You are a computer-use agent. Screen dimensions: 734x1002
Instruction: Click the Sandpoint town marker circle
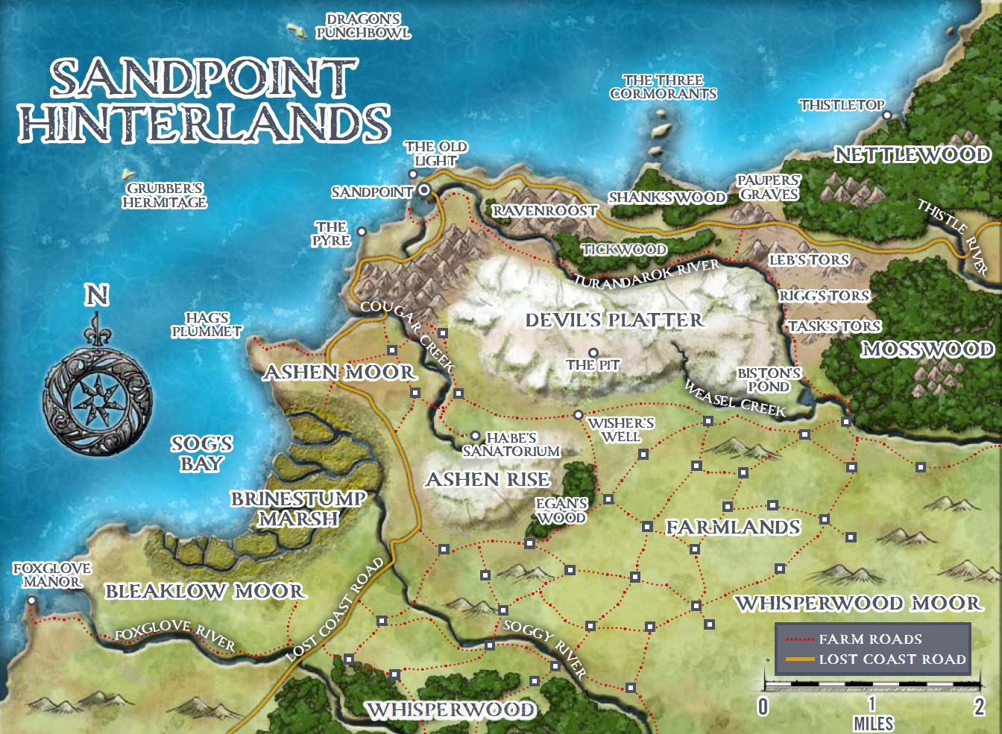[423, 190]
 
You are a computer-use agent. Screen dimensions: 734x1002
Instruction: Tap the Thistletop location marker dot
[887, 116]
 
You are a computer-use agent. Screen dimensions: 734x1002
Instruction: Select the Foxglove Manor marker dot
[31, 600]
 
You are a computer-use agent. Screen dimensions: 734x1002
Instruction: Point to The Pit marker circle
[593, 352]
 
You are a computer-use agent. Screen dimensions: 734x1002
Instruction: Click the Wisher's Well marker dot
[578, 415]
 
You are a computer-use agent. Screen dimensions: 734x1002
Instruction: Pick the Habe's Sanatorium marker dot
[475, 436]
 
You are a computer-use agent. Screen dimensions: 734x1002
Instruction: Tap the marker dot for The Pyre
[362, 232]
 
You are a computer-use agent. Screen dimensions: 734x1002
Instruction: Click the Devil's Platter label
[614, 320]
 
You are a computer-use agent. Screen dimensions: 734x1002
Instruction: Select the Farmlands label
[733, 528]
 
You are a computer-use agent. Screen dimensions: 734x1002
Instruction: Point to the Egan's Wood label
[561, 510]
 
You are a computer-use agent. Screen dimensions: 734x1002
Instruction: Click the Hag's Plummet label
[207, 325]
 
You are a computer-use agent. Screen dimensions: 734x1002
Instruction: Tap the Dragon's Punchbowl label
[363, 26]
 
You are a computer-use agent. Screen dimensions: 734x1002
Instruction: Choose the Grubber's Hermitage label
[165, 195]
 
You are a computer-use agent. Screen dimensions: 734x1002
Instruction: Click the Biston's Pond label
[769, 380]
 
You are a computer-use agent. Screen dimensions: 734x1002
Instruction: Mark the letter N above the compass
[96, 295]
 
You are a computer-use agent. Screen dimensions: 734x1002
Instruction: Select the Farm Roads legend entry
[870, 639]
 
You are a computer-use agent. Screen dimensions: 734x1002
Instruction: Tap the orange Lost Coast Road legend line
[800, 659]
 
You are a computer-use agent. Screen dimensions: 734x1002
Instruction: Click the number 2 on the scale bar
[979, 706]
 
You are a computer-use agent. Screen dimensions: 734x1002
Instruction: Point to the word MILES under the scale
[873, 723]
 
